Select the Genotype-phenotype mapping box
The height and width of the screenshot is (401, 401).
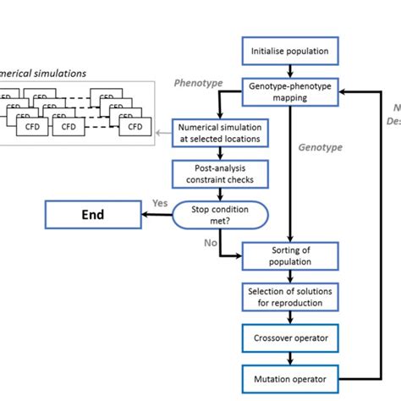click(290, 91)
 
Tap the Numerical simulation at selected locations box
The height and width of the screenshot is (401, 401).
click(221, 133)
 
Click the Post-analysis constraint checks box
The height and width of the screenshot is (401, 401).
click(221, 174)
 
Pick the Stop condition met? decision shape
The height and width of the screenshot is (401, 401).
click(220, 215)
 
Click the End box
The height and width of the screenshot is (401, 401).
click(92, 215)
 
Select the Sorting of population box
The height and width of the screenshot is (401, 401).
click(290, 254)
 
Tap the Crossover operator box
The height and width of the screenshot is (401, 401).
click(290, 338)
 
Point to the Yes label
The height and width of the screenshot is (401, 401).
click(158, 204)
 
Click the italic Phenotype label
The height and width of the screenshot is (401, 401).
click(197, 83)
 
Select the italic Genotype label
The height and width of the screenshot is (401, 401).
click(321, 147)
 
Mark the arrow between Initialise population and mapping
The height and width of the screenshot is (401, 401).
click(290, 71)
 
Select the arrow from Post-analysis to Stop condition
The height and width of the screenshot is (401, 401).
click(221, 194)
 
